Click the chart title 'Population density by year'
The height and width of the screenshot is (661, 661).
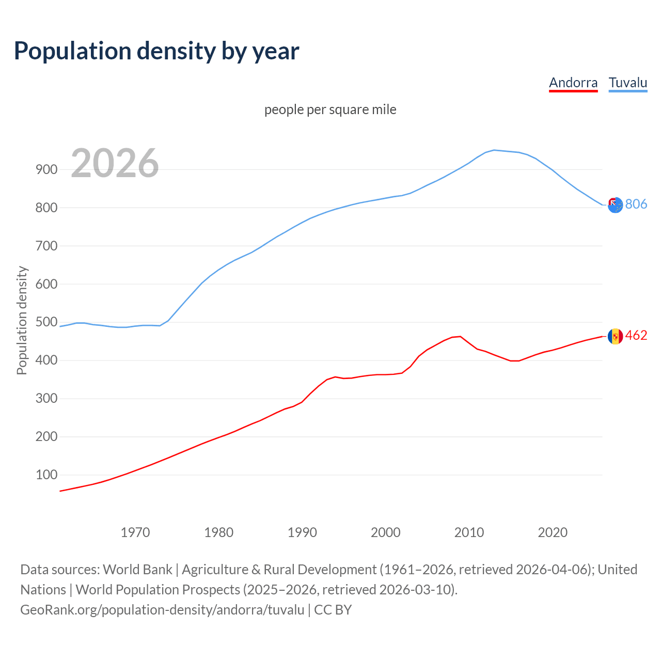[156, 51]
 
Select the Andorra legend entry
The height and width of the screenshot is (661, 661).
[573, 83]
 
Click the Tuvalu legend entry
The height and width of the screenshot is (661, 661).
[627, 83]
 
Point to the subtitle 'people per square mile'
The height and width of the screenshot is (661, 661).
[330, 109]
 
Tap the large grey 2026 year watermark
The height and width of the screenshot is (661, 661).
[115, 163]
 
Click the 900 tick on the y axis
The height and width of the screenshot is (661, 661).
[46, 169]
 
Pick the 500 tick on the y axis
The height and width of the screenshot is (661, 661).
[46, 322]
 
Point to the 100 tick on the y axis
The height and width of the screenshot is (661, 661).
[46, 475]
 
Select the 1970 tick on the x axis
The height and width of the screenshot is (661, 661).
[135, 532]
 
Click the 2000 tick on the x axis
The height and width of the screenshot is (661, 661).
[386, 532]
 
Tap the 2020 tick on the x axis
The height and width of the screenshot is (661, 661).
[553, 532]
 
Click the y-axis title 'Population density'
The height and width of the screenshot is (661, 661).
[22, 320]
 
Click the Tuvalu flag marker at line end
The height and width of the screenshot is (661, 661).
[615, 205]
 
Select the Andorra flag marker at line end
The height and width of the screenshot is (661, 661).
[615, 336]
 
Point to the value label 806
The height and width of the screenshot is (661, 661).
[636, 204]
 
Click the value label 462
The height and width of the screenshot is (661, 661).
[636, 336]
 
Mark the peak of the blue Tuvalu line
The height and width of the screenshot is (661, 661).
[494, 150]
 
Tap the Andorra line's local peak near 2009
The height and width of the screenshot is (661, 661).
[460, 336]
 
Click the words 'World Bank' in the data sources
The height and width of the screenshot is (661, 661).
[137, 570]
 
